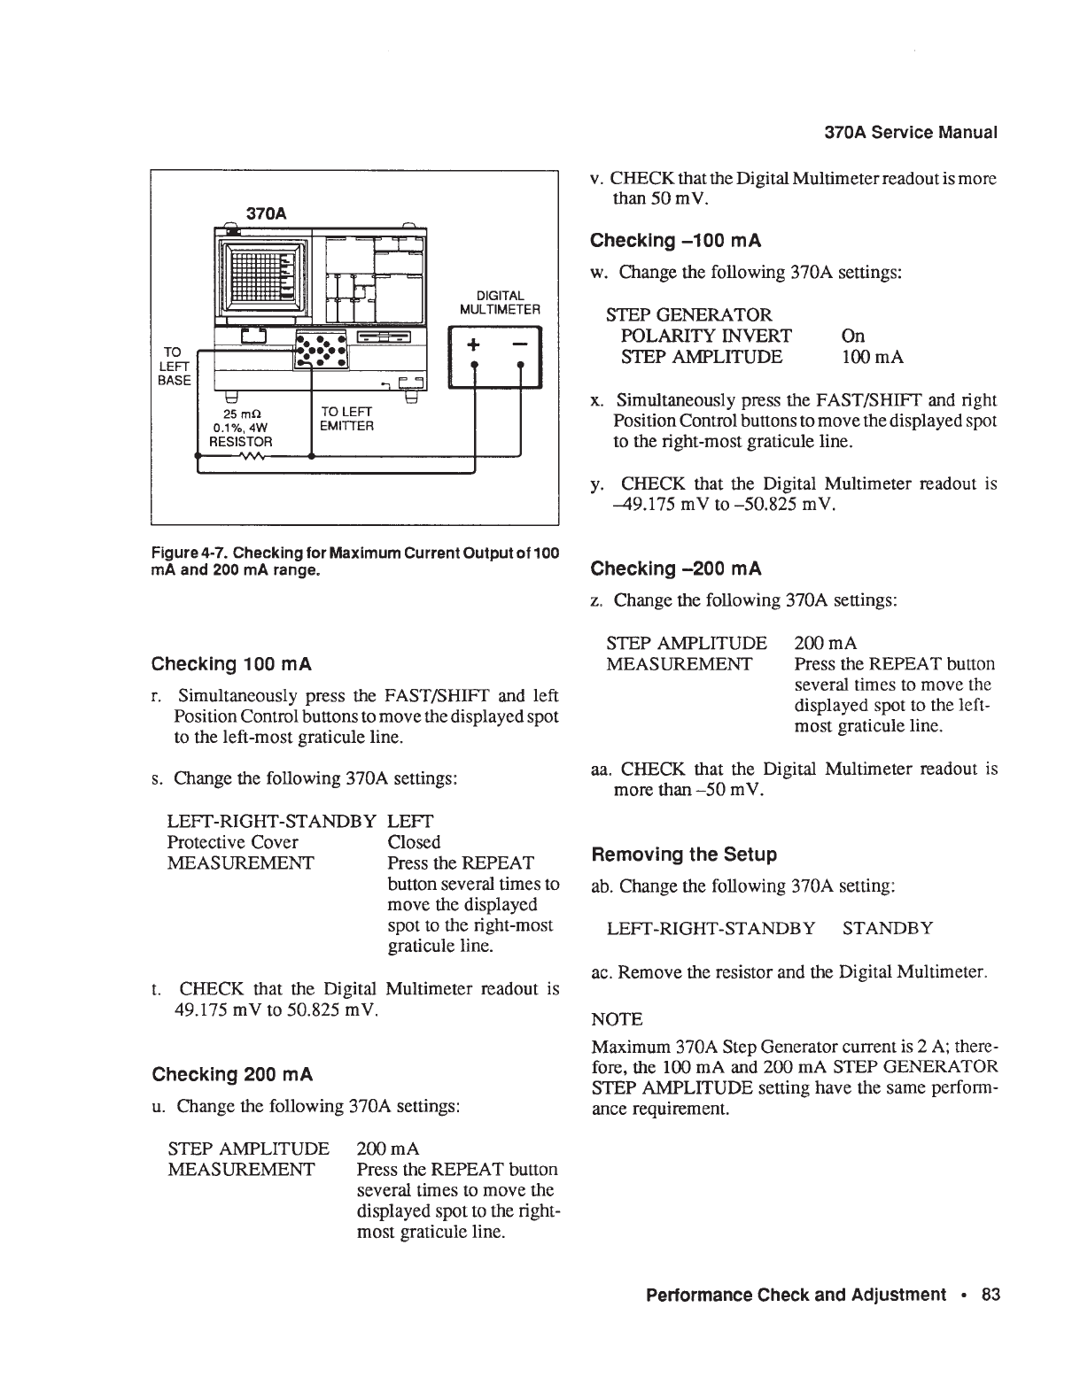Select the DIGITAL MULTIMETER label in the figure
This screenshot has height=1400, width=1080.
coord(500,302)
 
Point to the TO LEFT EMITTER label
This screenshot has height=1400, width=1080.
coord(347,419)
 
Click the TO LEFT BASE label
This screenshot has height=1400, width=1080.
coord(174,365)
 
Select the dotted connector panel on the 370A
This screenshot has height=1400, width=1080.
coord(322,351)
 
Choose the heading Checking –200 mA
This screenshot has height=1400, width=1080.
coord(676,569)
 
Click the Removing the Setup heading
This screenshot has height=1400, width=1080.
coord(683,855)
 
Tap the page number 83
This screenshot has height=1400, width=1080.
coord(991,1295)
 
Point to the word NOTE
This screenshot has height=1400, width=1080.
coord(617,1018)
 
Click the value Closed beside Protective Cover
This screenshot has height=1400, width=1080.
coord(414,842)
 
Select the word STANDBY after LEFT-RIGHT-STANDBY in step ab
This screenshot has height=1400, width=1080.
coord(887,928)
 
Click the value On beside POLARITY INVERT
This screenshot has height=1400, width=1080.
coord(852,336)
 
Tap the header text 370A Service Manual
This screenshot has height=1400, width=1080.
coord(911,133)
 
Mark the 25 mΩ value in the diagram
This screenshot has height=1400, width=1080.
coord(242,414)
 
